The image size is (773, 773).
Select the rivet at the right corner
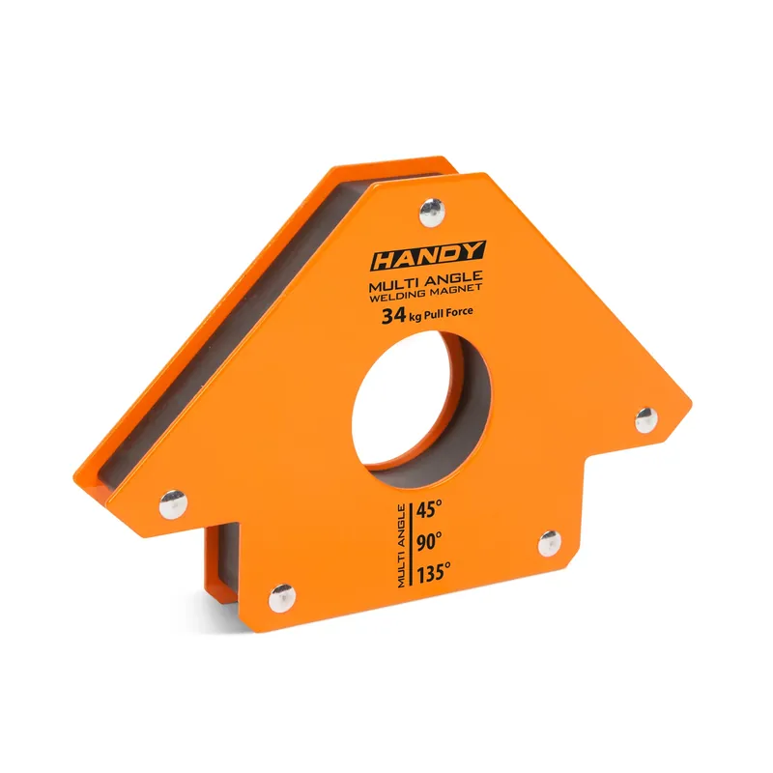tap(645, 418)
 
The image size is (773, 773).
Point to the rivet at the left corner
tap(173, 501)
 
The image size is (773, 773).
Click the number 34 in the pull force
tap(392, 315)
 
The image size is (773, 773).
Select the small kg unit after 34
tap(414, 317)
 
